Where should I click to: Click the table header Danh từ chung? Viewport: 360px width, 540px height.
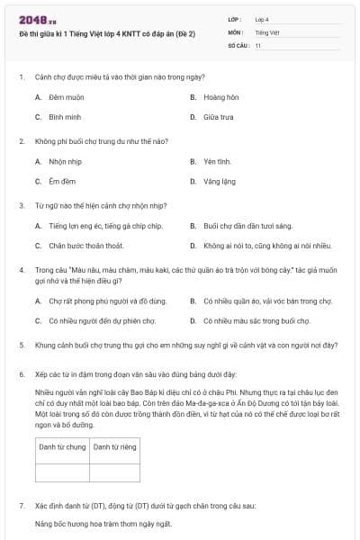[63, 446]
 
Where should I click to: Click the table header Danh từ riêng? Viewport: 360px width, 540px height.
[114, 446]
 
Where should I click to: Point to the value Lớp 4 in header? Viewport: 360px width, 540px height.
[262, 18]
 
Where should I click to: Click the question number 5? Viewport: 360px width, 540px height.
[21, 344]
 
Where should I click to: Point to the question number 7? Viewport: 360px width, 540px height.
[21, 507]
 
